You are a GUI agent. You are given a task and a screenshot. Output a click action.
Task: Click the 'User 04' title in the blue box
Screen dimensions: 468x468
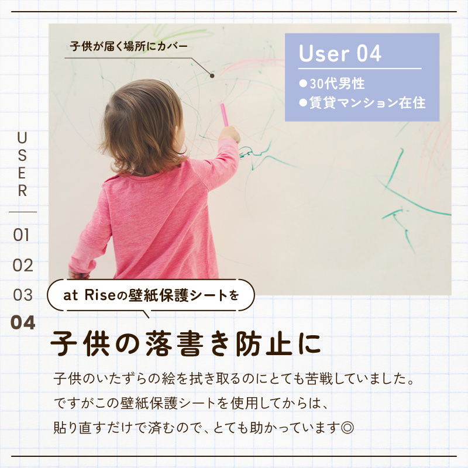point(340,53)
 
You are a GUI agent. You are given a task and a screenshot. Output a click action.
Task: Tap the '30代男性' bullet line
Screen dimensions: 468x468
point(332,84)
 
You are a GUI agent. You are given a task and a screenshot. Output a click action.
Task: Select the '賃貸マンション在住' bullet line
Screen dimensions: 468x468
point(362,103)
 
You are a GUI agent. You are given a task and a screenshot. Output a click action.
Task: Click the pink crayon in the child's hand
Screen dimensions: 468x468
point(224,113)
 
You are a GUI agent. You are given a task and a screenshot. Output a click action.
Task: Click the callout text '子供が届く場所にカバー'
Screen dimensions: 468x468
point(129,46)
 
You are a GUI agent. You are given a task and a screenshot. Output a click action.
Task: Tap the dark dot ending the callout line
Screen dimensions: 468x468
point(212,76)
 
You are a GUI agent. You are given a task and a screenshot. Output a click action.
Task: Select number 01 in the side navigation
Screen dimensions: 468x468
point(21,235)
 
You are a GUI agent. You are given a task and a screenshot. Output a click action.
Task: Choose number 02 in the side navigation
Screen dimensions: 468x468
point(23,266)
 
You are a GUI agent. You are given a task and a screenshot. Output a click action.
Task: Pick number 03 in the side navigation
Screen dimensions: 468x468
point(23,295)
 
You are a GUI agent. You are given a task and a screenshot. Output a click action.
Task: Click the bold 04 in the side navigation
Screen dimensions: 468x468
point(23,323)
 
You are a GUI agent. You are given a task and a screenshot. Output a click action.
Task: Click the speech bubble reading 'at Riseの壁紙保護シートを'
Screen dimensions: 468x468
point(151,295)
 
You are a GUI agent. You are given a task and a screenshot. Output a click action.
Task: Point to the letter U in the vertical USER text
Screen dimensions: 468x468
point(22,138)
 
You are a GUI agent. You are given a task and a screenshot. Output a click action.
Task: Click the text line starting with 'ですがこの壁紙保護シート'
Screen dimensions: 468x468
point(191,403)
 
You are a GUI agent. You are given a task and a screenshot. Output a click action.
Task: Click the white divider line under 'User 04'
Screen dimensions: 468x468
point(360,68)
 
